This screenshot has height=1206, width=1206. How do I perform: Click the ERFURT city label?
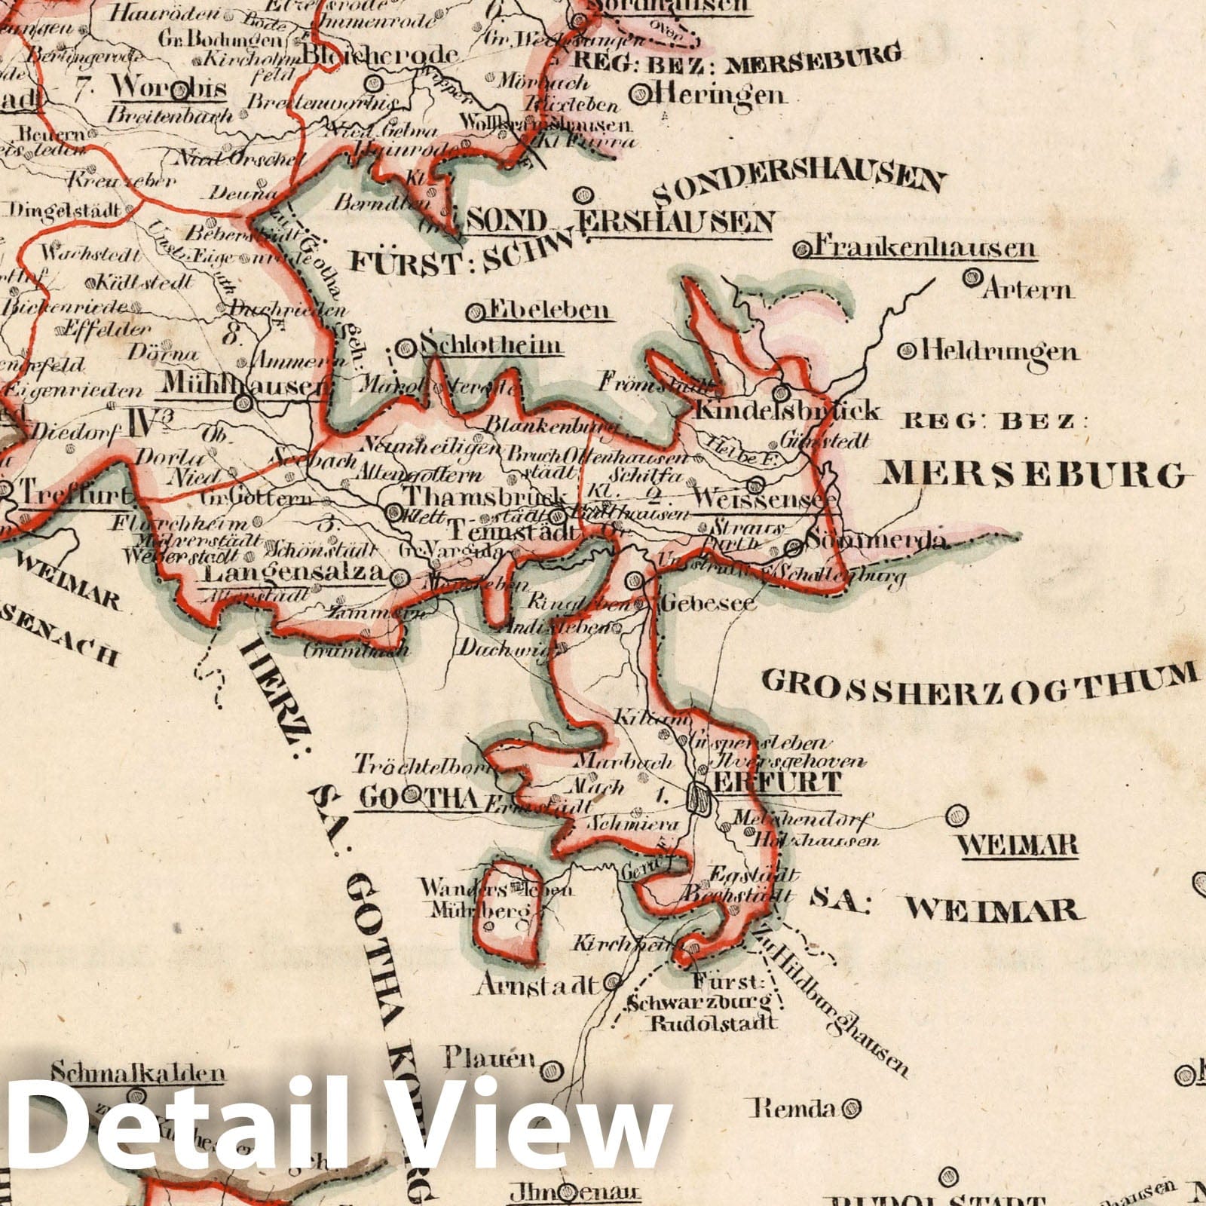click(x=776, y=782)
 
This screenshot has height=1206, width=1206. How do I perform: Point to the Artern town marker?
click(x=972, y=279)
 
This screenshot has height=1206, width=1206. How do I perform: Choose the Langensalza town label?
click(x=294, y=574)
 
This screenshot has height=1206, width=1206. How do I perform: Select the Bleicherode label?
click(x=380, y=55)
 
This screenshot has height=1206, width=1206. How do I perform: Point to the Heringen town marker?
click(x=644, y=93)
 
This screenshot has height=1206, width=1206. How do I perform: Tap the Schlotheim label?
click(x=491, y=346)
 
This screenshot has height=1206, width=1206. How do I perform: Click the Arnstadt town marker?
click(x=614, y=983)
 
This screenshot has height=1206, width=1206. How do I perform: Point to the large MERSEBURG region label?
click(x=1033, y=475)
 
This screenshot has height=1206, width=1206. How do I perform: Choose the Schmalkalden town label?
click(x=139, y=1075)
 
